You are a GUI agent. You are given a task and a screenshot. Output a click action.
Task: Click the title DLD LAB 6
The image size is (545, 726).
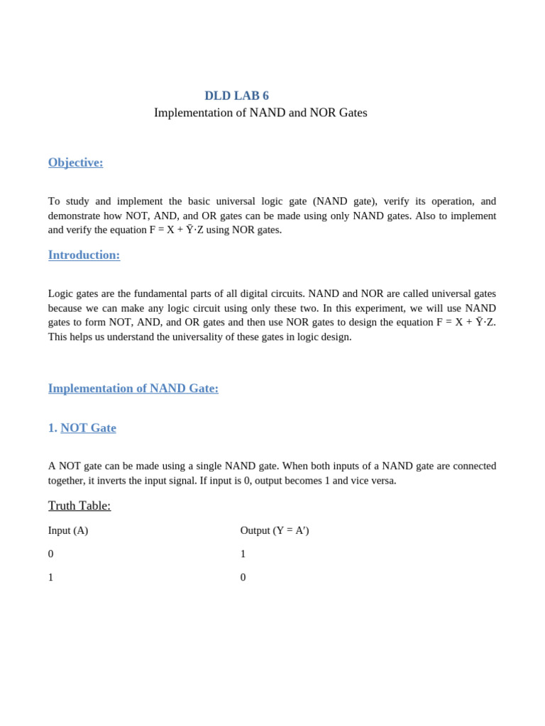(236, 96)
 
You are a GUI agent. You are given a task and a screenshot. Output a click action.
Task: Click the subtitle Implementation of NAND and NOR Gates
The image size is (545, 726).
(260, 113)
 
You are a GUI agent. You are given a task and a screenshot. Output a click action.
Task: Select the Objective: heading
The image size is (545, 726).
(75, 162)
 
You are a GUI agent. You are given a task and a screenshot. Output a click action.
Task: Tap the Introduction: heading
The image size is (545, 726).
(84, 255)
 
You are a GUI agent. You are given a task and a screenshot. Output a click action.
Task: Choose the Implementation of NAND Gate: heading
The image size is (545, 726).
(133, 389)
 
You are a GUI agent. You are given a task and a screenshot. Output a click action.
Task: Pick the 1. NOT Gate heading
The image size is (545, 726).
(82, 428)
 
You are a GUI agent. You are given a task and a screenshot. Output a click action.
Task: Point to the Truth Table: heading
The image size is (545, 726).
(79, 506)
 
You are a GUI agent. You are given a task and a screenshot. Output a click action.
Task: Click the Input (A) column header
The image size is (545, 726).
(68, 530)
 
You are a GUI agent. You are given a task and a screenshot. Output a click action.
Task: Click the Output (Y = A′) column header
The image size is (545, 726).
(275, 530)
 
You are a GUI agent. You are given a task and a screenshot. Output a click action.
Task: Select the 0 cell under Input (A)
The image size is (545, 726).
(51, 554)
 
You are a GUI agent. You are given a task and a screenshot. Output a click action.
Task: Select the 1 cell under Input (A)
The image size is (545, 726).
(51, 577)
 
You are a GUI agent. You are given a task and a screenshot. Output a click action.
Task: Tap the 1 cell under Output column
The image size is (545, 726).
(243, 554)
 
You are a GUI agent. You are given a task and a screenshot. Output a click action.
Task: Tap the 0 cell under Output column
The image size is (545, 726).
(243, 577)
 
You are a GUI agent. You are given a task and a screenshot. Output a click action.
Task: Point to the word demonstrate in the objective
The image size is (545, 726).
(74, 216)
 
